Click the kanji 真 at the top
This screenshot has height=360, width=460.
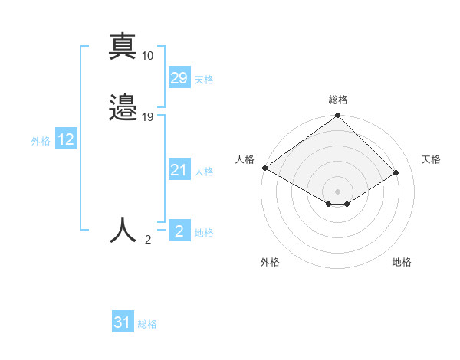[123, 47]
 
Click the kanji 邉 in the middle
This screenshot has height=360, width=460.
[123, 107]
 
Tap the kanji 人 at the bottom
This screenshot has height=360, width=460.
[123, 230]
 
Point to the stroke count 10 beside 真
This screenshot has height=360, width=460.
[148, 56]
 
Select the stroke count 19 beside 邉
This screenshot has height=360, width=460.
[148, 117]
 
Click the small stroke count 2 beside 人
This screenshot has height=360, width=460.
[148, 240]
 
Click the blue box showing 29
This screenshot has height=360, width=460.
[179, 77]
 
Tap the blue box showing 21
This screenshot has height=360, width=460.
[179, 170]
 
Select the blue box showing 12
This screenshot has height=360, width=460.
[66, 139]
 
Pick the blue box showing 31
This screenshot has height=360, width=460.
[123, 322]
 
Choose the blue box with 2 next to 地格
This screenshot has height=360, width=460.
[179, 231]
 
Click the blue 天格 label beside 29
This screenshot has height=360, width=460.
[204, 80]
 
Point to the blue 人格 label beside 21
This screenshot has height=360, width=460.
[204, 172]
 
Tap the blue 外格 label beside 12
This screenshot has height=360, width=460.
[40, 141]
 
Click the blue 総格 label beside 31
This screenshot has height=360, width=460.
[147, 324]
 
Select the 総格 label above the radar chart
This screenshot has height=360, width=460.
[338, 100]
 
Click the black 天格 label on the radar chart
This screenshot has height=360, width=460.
[431, 159]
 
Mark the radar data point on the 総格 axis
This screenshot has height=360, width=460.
[337, 116]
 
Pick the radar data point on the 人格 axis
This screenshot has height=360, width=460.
[264, 168]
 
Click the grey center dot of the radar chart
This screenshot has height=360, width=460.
[337, 191]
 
